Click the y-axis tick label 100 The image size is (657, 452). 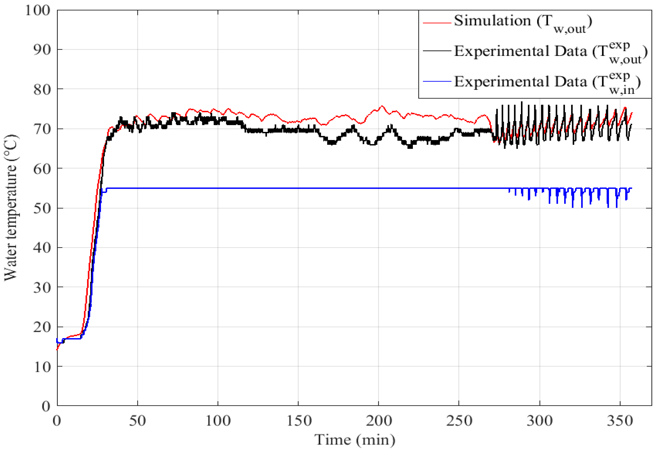[x=38, y=11]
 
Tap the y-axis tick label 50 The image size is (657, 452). [x=42, y=208]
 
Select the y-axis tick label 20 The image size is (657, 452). [x=42, y=327]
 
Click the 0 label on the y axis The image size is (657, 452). [x=46, y=406]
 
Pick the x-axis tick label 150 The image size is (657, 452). [x=299, y=421]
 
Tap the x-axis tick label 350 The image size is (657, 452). [x=620, y=421]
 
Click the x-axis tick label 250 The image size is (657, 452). [x=459, y=421]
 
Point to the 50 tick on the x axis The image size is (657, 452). [x=138, y=421]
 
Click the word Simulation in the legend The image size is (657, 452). [x=492, y=21]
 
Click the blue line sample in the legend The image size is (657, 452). [x=437, y=82]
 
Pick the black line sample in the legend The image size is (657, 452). [x=437, y=51]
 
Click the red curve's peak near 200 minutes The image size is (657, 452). [x=382, y=106]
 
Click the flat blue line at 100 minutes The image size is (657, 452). [x=218, y=188]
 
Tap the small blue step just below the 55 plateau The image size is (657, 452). [x=104, y=192]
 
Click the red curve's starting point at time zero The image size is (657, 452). [x=57, y=350]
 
